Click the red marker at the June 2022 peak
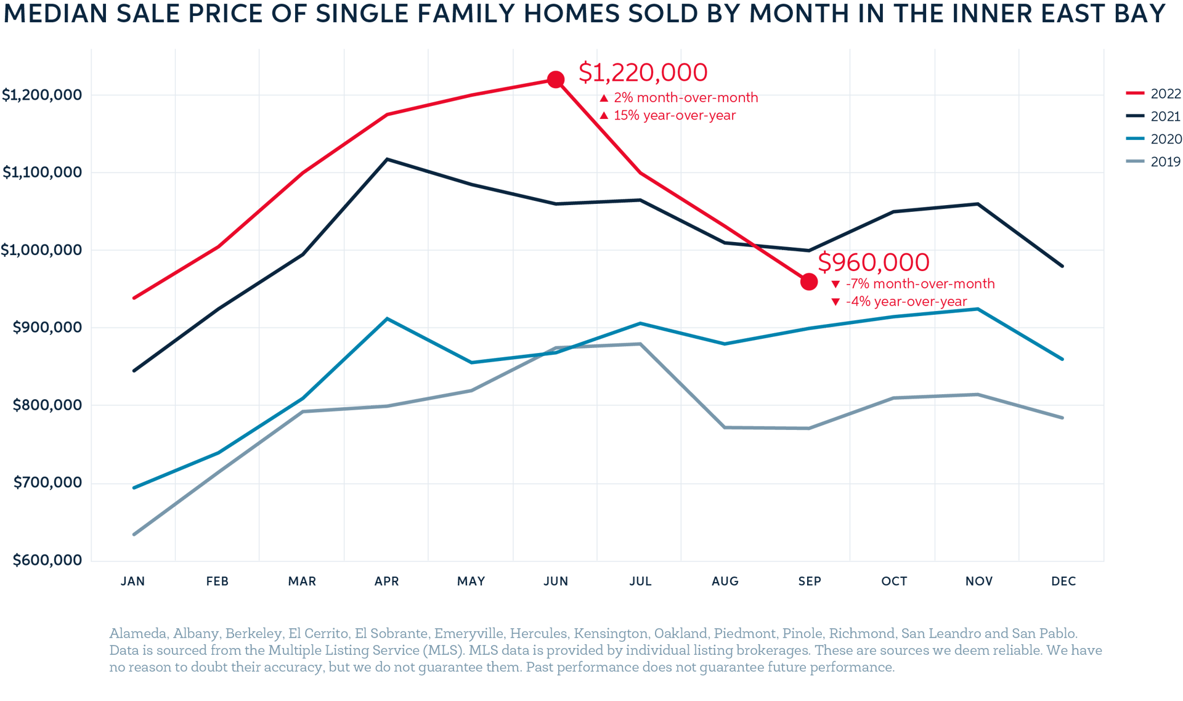click(556, 79)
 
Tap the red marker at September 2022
click(809, 282)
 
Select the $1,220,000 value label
click(643, 73)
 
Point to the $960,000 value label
click(873, 262)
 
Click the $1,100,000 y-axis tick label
click(42, 172)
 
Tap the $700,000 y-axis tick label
click(47, 482)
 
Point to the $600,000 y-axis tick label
click(47, 560)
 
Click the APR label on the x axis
click(386, 581)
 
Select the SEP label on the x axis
click(809, 581)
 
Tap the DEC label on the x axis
click(1063, 581)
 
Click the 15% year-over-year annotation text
click(674, 115)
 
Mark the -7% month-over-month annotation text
click(921, 284)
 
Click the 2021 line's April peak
click(387, 159)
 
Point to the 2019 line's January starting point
click(134, 534)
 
